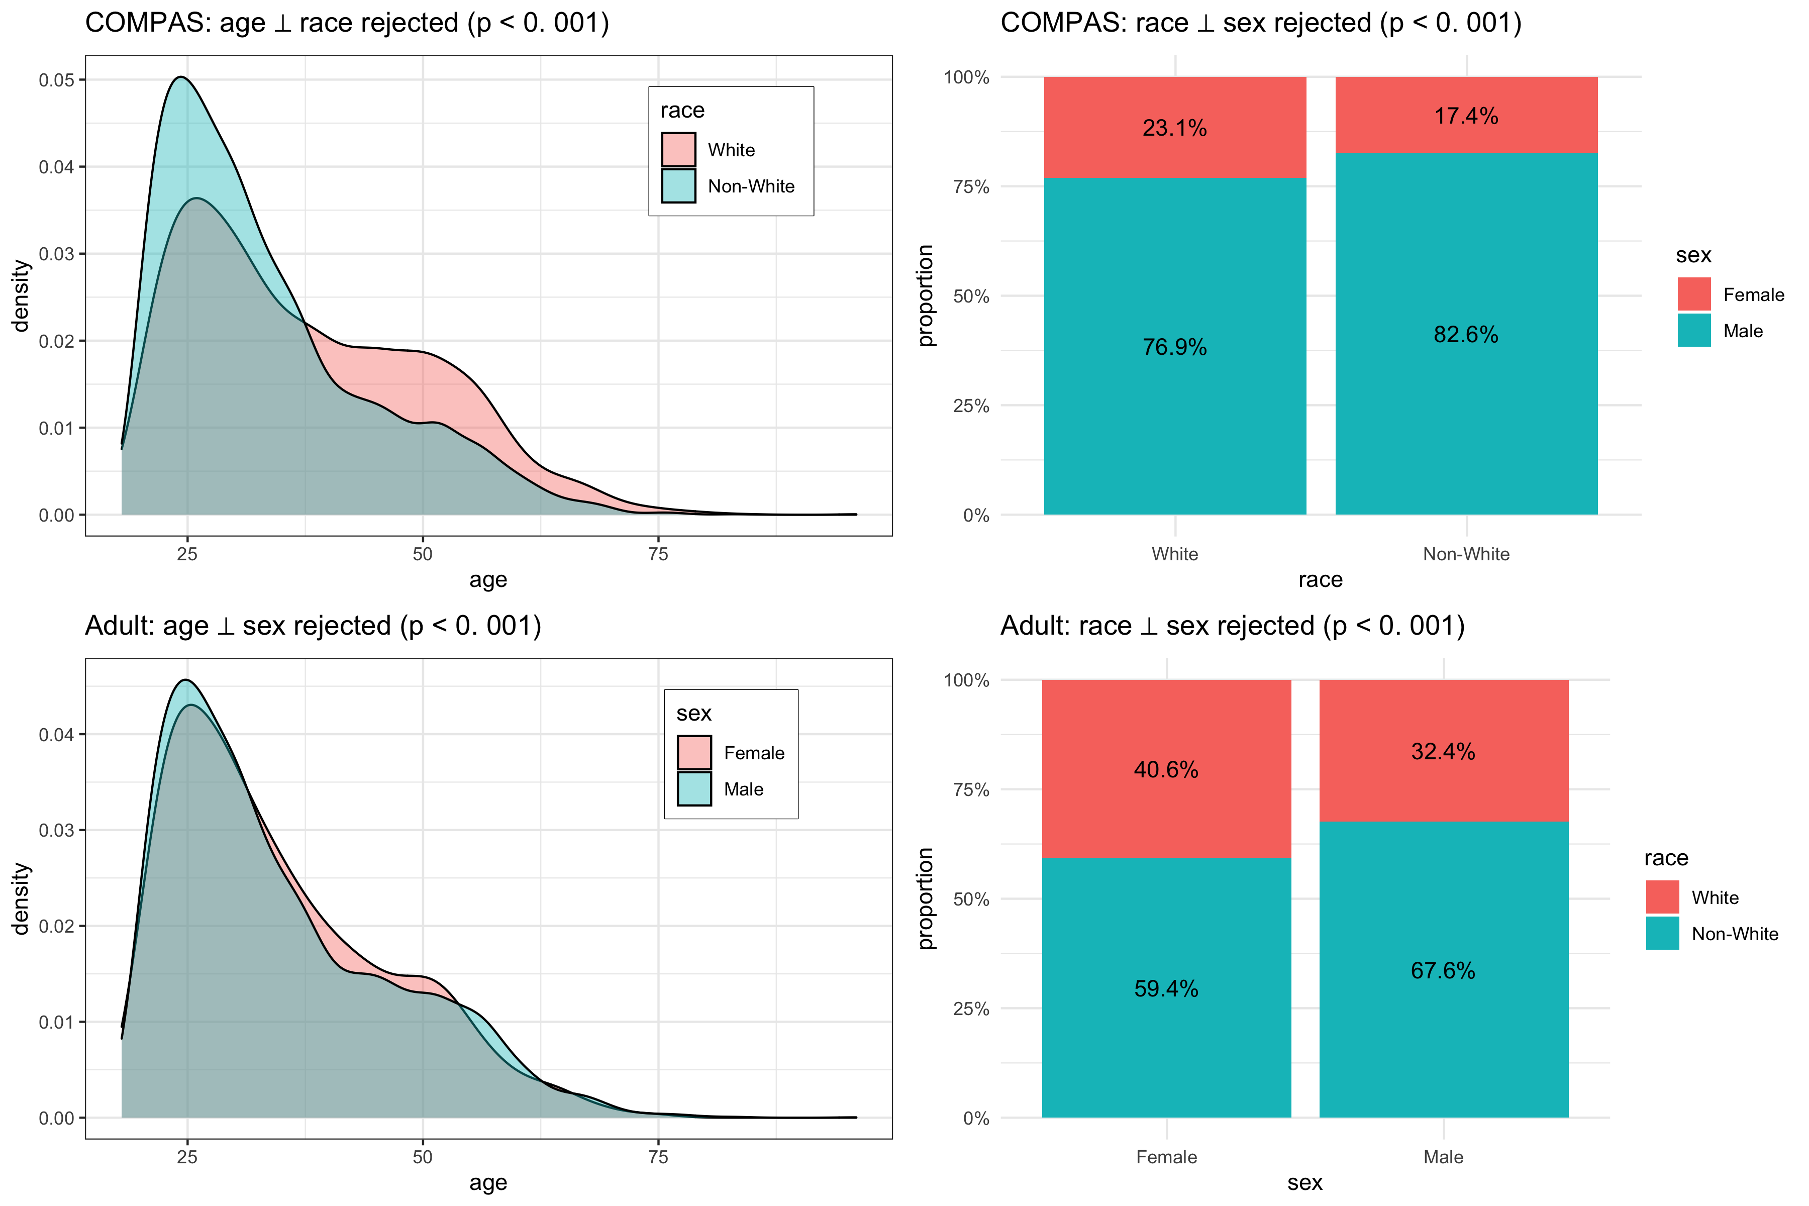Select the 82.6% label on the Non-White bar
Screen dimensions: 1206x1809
pos(1465,335)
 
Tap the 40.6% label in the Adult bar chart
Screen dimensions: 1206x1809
pos(1165,769)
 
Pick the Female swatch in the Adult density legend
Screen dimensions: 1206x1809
pos(694,752)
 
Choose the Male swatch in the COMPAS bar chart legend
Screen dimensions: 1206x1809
pos(1693,331)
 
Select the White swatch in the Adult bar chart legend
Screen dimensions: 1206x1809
pos(1662,897)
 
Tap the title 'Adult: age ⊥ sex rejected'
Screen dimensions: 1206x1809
pos(313,626)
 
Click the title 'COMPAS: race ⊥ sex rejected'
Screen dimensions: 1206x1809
pos(1260,23)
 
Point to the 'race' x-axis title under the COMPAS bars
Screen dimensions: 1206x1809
pos(1320,579)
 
